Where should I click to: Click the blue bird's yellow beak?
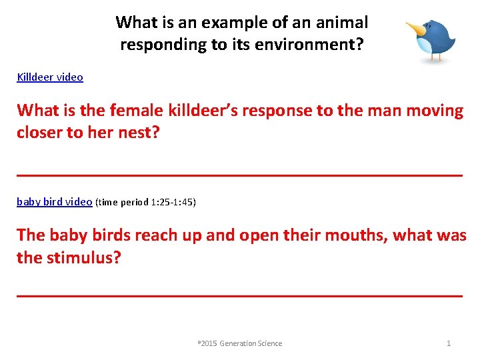[415, 29]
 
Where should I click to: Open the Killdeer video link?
[50, 77]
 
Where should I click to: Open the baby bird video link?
[54, 201]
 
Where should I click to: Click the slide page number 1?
[449, 343]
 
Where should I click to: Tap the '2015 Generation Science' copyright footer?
[241, 343]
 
